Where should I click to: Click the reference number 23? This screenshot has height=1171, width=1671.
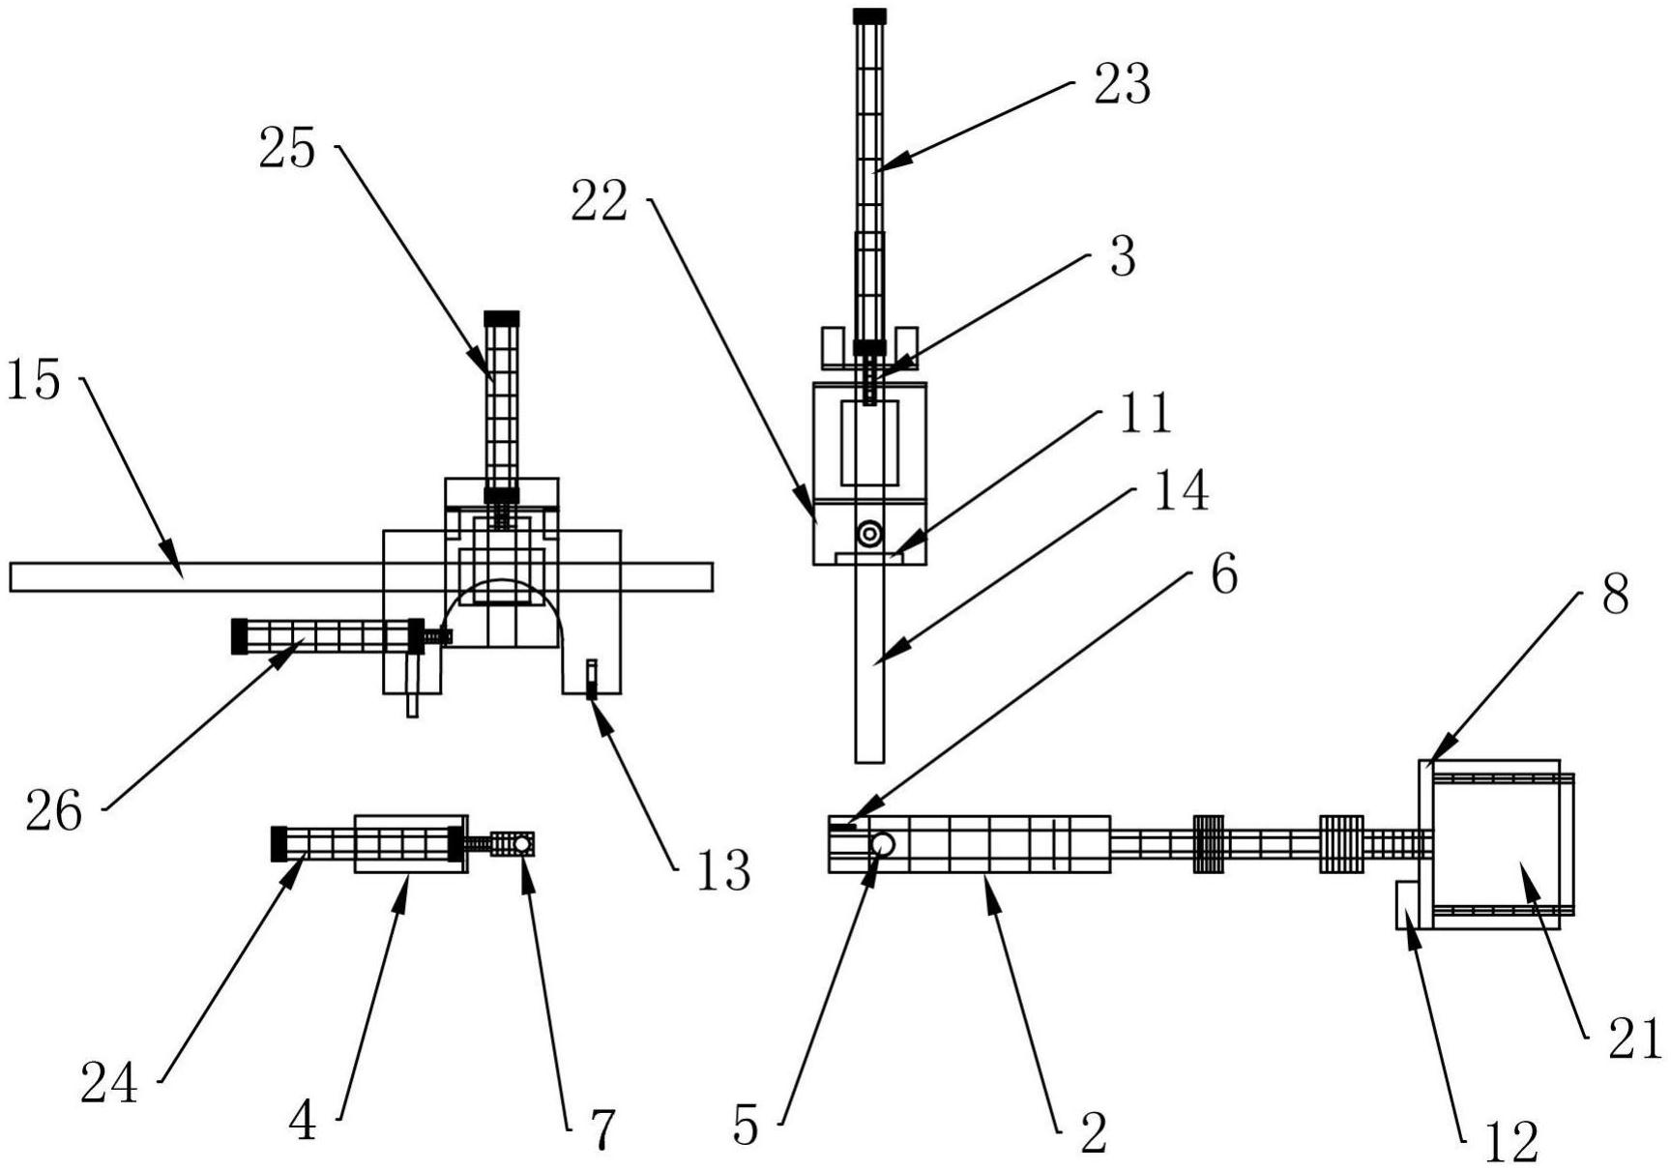[1122, 85]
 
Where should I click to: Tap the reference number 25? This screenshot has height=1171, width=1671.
[287, 151]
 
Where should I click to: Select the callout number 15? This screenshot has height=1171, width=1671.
[34, 380]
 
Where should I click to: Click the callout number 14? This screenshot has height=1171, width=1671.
[1181, 491]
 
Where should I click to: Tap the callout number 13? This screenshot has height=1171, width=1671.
[722, 871]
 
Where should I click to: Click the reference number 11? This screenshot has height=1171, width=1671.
[1145, 414]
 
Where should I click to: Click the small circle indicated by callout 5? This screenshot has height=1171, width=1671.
[882, 844]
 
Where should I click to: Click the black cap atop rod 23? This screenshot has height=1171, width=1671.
[869, 16]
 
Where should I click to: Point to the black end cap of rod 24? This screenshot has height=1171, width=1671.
[278, 843]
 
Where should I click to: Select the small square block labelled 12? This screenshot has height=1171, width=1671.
[1406, 905]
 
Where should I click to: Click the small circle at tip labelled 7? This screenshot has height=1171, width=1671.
[522, 844]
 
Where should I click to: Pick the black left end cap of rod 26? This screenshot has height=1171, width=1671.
[239, 636]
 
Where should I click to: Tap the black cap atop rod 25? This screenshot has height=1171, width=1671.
[501, 318]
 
